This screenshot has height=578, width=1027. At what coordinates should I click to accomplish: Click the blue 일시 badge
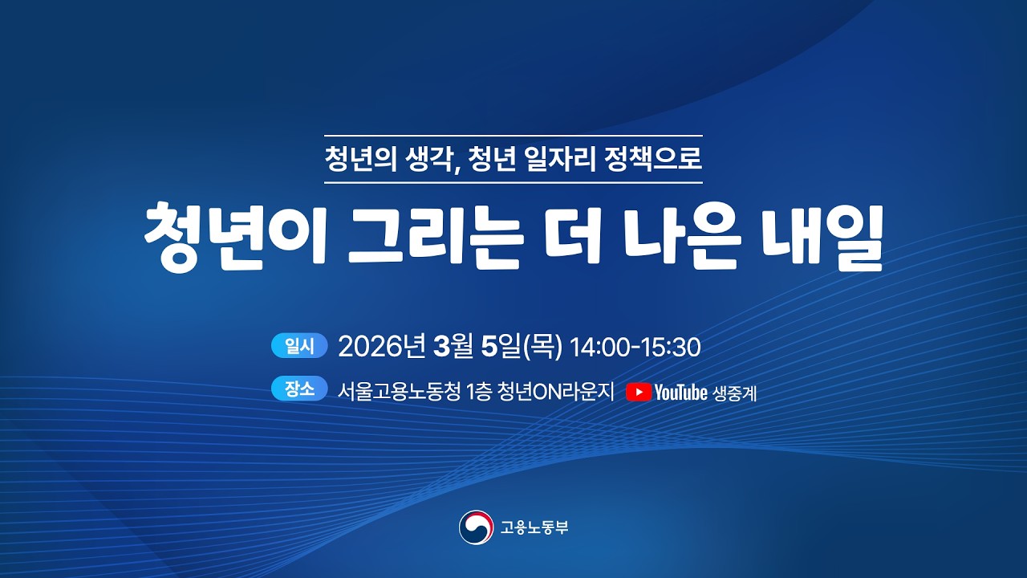300,346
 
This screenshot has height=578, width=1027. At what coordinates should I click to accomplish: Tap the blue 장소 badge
300,389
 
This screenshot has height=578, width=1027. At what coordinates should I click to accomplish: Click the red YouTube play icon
639,392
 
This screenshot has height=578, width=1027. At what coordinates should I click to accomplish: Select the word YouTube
681,393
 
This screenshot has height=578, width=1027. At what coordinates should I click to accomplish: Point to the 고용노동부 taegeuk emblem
476,527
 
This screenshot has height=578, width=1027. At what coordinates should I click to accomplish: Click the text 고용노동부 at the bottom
534,527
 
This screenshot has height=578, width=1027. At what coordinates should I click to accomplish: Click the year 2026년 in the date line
381,347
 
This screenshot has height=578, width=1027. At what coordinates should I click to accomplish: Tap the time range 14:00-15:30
635,348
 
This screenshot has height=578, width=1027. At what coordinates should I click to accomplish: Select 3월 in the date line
452,347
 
